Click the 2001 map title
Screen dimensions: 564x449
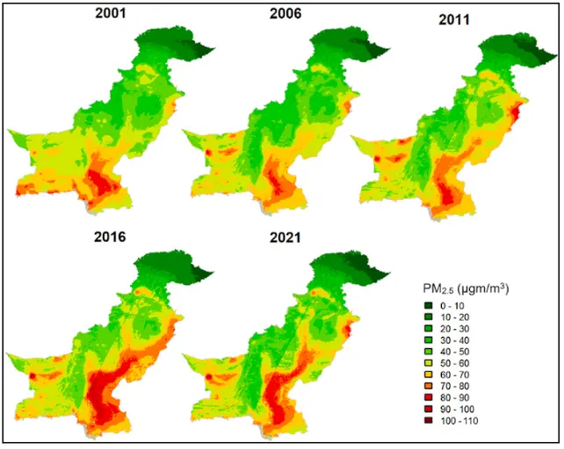pos(111,13)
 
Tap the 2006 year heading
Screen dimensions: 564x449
pos(286,14)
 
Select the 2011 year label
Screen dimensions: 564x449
pos(454,19)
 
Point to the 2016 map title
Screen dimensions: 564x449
pos(110,237)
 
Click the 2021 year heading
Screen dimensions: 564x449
pos(286,238)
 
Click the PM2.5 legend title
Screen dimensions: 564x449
pos(466,289)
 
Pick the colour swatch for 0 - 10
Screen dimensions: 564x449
pos(429,306)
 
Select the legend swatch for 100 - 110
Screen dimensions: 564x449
pos(429,421)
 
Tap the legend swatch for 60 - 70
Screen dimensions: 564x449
pos(429,374)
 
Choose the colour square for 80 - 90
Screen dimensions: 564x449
pos(429,397)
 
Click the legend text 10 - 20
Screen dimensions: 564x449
pos(455,317)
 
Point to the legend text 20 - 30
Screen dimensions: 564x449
pos(455,329)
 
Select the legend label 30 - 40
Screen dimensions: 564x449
pos(455,340)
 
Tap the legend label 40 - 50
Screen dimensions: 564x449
pos(455,352)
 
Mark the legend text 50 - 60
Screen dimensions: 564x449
pos(455,363)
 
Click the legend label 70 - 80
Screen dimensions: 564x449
pos(455,386)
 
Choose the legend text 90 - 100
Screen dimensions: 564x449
pos(457,410)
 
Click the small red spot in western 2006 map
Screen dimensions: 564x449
pos(208,153)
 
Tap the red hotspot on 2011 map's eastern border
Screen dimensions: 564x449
pos(517,111)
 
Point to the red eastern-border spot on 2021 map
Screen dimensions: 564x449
pos(348,330)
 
